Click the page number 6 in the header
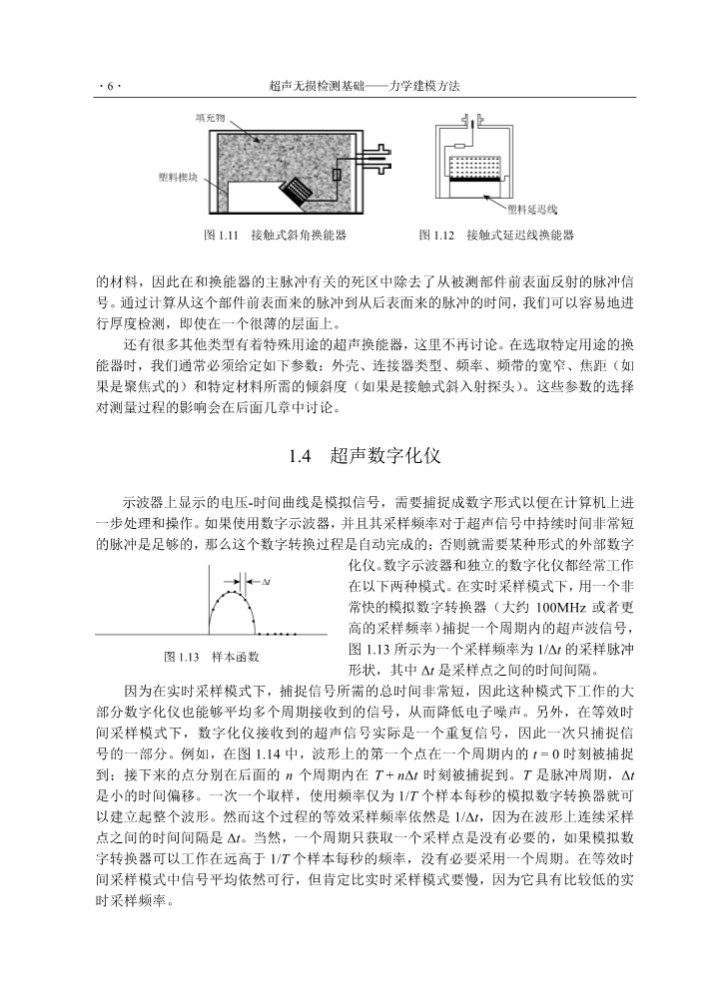(109, 88)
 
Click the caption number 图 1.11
(218, 236)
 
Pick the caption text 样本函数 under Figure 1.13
(237, 657)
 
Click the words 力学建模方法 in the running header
(422, 88)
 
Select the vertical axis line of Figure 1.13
(209, 599)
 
